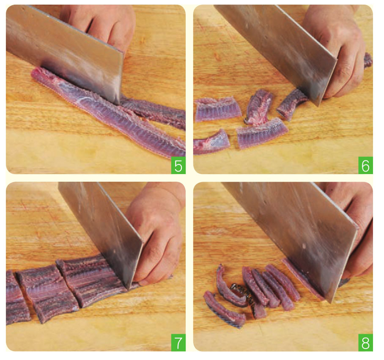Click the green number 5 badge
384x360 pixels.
click(x=178, y=166)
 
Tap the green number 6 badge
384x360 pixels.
click(x=365, y=166)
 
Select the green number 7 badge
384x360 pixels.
click(x=178, y=343)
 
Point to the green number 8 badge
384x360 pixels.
click(x=365, y=343)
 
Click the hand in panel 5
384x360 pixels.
click(x=100, y=25)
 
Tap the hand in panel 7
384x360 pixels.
click(x=157, y=235)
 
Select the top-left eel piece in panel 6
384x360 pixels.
click(x=218, y=109)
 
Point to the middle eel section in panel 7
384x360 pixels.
click(x=48, y=292)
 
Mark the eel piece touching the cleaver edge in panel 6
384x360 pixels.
click(x=291, y=104)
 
